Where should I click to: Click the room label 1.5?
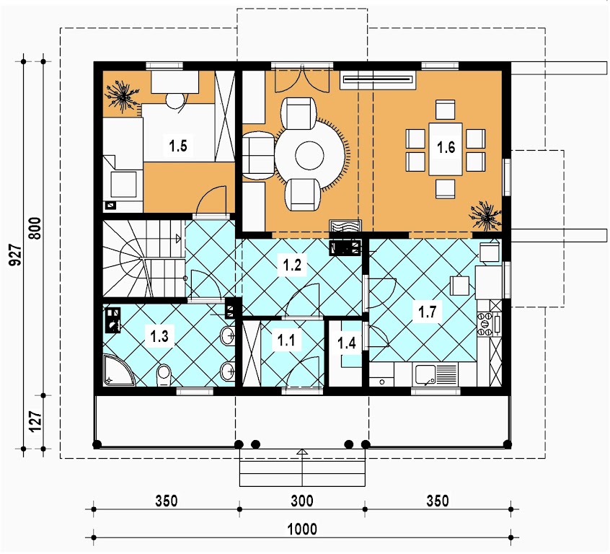pos(178,146)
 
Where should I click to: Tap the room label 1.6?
pos(446,148)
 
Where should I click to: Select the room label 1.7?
pos(427,312)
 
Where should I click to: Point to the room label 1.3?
pos(159,335)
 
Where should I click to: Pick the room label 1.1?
pos(286,340)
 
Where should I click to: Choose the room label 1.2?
pos(292,265)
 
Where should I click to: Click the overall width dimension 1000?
pos(302,529)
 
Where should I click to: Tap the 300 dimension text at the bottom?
pos(302,501)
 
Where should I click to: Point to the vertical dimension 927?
pos(15,255)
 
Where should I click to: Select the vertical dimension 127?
pos(35,422)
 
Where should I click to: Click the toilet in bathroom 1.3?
pos(164,375)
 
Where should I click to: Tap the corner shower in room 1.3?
pos(119,370)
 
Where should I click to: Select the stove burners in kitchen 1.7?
pos(485,324)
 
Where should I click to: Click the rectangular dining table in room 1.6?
pos(446,149)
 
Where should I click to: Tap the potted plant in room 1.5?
pos(123,96)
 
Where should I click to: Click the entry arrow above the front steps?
pos(302,452)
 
